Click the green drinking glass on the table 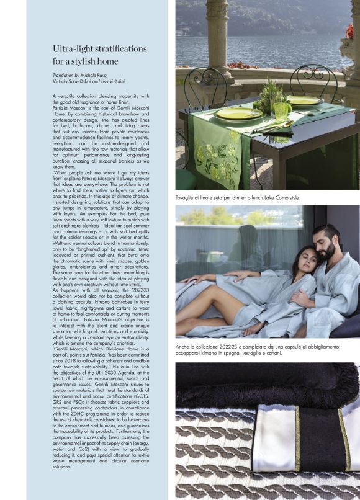tap(280, 112)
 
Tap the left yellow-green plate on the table tap(238, 114)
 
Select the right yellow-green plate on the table tap(304, 100)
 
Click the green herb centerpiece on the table tap(271, 93)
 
